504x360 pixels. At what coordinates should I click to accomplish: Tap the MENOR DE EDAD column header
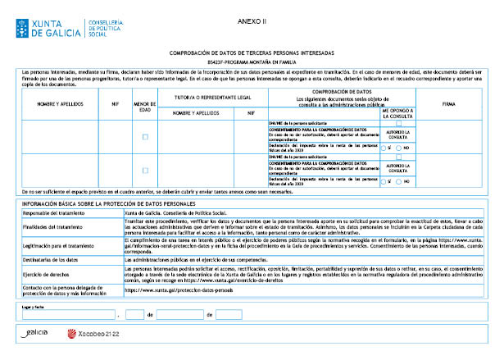point(144,107)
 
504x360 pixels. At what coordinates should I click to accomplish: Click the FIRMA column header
point(449,105)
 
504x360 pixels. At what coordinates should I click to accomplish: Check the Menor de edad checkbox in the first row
point(145,137)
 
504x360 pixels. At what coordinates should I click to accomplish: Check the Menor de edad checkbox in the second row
point(145,170)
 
